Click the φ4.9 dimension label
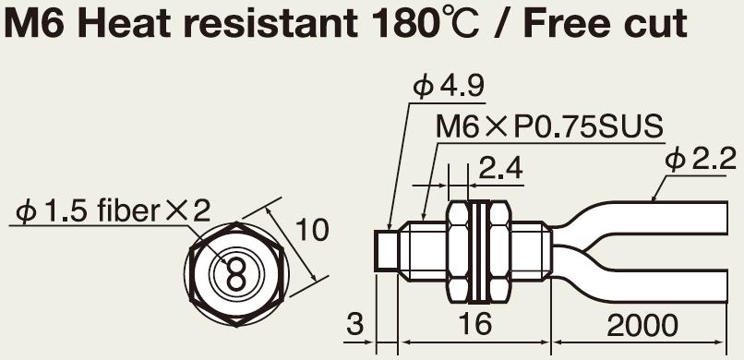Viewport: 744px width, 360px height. click(x=449, y=88)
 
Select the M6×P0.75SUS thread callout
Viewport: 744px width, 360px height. click(x=549, y=126)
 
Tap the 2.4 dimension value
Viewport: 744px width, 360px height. click(x=500, y=168)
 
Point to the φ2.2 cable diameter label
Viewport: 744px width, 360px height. click(x=701, y=161)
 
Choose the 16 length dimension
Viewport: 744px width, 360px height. click(x=475, y=324)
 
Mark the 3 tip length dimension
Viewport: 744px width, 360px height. click(x=354, y=324)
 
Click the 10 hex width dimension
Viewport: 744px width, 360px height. click(x=312, y=230)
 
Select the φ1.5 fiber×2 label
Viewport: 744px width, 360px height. click(x=113, y=210)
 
